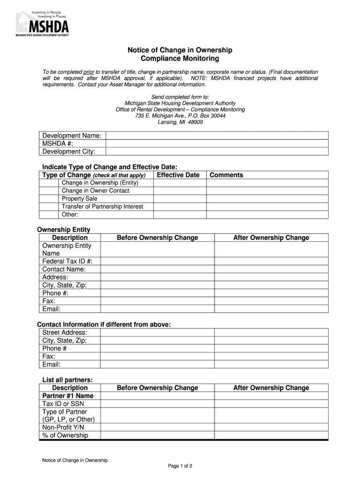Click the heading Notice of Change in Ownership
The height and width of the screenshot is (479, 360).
(x=180, y=50)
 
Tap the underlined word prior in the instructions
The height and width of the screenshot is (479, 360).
(x=89, y=72)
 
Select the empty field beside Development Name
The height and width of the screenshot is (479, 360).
(x=217, y=136)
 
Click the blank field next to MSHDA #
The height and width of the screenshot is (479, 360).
(x=217, y=144)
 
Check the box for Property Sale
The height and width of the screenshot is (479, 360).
(x=49, y=199)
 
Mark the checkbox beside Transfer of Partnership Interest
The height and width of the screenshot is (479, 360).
(x=49, y=207)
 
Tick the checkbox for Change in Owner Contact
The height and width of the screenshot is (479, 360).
(x=49, y=191)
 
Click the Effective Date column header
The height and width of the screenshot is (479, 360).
(x=178, y=175)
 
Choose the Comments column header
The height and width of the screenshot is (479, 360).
(x=226, y=175)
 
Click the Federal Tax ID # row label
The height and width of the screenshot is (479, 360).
(x=67, y=261)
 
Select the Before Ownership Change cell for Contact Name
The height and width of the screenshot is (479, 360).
(x=158, y=269)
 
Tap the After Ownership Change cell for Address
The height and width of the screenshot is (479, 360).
(x=271, y=277)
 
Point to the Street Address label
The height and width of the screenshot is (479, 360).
(x=65, y=333)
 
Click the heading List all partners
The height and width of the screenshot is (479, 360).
(x=67, y=379)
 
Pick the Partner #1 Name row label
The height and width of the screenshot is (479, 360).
(x=68, y=396)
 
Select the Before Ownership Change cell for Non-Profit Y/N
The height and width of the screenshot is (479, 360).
(x=158, y=428)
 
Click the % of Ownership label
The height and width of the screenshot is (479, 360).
(x=65, y=435)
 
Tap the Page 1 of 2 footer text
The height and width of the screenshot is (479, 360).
(x=180, y=466)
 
